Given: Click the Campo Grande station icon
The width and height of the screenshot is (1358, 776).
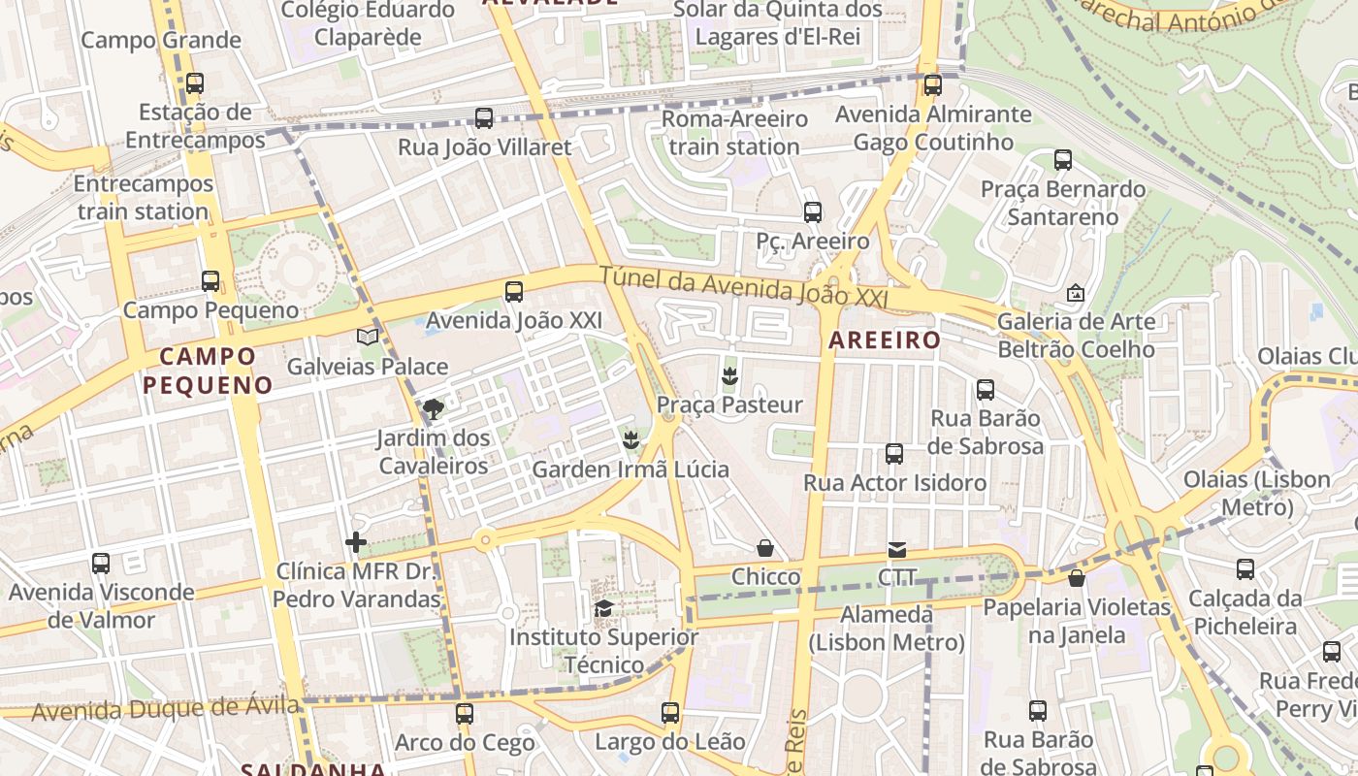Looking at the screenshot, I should coord(195,83).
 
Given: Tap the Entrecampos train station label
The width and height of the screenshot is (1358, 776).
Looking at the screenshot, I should coord(143,198).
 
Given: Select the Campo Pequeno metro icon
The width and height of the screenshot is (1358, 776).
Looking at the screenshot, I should coord(210,281).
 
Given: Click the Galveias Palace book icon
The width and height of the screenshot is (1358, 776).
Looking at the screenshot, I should coord(367,337).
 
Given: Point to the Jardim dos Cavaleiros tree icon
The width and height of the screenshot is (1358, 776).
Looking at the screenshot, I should coord(433,409).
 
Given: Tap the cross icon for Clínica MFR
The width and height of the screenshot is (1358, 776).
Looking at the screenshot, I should coord(356,541).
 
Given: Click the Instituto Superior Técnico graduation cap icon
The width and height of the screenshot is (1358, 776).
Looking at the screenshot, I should coord(603,608).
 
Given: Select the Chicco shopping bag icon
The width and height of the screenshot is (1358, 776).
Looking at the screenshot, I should coord(765,548).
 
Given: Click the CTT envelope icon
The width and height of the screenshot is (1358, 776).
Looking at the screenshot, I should coord(897,550).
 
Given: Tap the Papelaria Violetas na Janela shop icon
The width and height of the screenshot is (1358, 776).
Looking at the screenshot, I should coord(1076,579).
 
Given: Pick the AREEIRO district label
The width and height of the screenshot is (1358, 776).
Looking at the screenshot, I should coord(884,340).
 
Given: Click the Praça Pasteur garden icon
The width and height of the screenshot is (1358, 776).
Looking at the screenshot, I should coord(729,375).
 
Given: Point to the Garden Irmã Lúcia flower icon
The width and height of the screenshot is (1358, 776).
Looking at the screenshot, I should coord(630,440).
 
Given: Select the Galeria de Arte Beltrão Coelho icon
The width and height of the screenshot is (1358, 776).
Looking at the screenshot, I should coord(1076,292).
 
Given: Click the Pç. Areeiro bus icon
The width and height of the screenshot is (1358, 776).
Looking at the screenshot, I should coord(813,211).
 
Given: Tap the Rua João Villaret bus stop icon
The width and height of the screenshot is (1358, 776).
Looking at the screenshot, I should coord(484,118).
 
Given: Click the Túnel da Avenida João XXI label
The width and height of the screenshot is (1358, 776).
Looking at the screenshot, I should coord(743,287).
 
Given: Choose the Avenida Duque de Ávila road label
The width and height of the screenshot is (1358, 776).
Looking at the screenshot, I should coord(165,708).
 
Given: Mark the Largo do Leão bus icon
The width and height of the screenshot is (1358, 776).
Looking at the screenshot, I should coord(670,713).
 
